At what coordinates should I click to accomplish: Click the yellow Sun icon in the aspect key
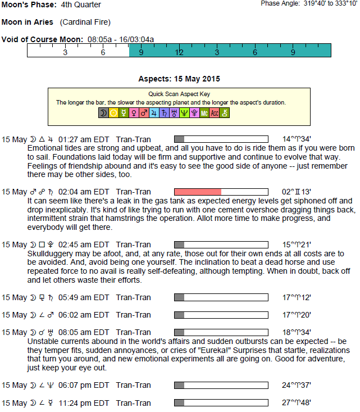[x=113, y=114]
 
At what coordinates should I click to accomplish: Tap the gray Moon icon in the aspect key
[x=103, y=114]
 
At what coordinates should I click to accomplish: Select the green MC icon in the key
[x=204, y=114]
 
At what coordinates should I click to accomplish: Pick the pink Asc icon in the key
[x=215, y=114]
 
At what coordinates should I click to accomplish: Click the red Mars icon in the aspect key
[x=144, y=114]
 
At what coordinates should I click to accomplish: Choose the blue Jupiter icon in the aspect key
[x=154, y=114]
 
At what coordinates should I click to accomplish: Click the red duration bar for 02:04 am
[x=198, y=192]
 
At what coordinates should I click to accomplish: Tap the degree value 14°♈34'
[x=297, y=139]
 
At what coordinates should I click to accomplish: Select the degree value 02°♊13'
[x=297, y=192]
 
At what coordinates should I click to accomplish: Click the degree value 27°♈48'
[x=297, y=402]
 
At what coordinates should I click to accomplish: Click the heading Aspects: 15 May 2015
[x=179, y=79]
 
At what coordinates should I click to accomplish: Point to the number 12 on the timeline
[x=179, y=52]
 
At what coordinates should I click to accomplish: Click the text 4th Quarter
[x=81, y=5]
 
